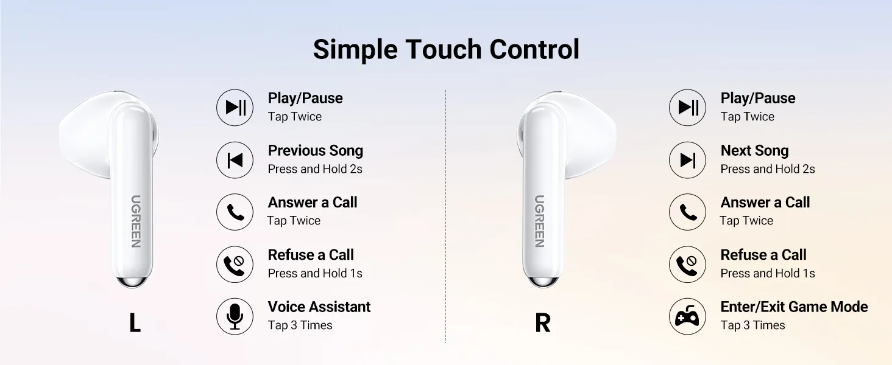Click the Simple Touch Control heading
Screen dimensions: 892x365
(446, 49)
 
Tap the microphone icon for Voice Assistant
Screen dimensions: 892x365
(235, 316)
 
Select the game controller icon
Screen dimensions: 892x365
(687, 316)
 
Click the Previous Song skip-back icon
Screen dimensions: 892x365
(235, 160)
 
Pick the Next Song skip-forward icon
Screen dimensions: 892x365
(687, 160)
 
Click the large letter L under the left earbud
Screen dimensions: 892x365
(135, 322)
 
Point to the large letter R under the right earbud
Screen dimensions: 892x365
(543, 322)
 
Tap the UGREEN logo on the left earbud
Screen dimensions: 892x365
(136, 221)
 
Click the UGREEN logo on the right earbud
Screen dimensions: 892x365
(539, 221)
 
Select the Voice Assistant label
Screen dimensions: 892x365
(319, 307)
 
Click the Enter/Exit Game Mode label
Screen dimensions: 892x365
(794, 307)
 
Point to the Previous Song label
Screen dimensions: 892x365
(316, 151)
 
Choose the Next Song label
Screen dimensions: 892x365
(754, 151)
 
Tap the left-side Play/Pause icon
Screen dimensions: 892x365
(235, 107)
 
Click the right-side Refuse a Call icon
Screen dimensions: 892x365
(687, 265)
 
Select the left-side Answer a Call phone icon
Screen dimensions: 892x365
(235, 212)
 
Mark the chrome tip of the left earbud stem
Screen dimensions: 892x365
(133, 282)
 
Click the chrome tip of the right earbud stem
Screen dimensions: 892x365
(542, 282)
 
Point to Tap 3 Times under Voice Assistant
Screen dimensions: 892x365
(300, 325)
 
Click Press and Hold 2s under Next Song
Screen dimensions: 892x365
(767, 169)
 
